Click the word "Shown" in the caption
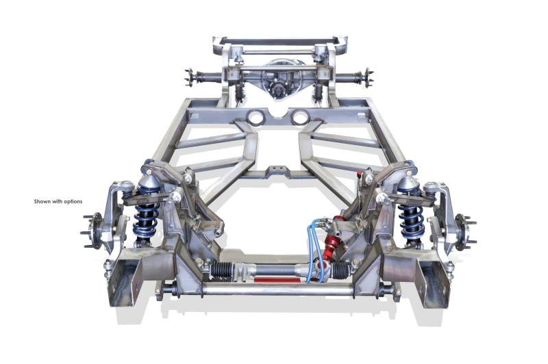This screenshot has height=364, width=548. click(x=42, y=201)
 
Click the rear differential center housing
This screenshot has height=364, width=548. click(x=279, y=83)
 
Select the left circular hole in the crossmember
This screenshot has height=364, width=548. click(x=256, y=117)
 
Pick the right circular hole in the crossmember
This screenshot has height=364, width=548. click(x=299, y=117)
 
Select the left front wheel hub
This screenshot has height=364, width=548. click(x=92, y=231)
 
